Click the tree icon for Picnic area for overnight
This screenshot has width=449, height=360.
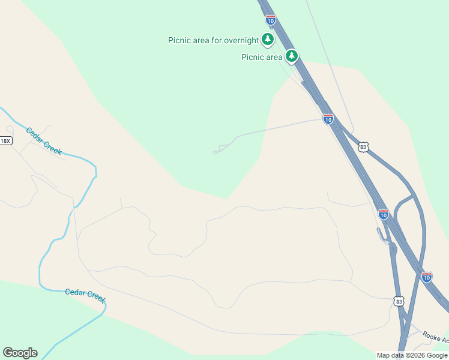(268, 40)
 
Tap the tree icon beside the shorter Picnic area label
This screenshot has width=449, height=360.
(292, 56)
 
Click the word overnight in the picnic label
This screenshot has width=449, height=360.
(241, 40)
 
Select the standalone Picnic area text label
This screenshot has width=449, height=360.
(262, 57)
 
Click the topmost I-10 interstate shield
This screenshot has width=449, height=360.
(271, 20)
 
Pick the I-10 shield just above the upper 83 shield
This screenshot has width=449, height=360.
(328, 119)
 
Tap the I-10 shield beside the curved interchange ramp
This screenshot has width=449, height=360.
(384, 213)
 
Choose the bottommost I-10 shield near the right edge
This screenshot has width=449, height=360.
(426, 277)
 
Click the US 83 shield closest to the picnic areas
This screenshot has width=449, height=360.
(363, 146)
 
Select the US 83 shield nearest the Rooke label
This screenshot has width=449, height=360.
(399, 301)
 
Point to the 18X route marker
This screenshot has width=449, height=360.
(5, 141)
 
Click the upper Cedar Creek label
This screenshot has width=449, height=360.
(44, 141)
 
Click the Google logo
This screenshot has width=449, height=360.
(20, 353)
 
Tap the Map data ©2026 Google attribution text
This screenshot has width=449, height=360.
(412, 355)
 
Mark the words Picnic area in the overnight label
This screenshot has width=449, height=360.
(188, 40)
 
